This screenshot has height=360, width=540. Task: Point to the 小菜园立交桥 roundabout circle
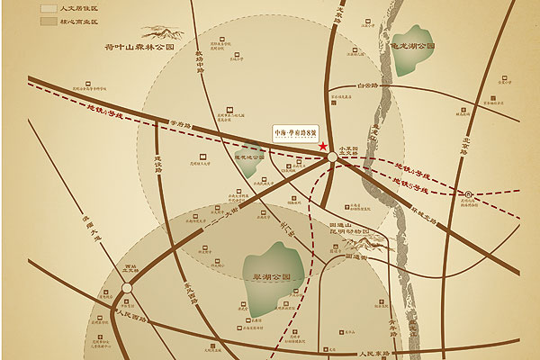point(333,157)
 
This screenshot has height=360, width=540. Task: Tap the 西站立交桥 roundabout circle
point(127,289)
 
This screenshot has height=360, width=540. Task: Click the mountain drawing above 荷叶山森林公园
point(166,35)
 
